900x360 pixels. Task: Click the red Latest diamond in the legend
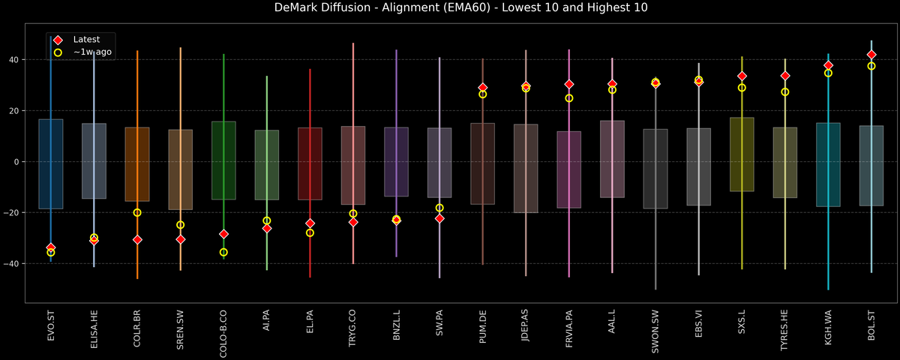pyautogui.click(x=58, y=39)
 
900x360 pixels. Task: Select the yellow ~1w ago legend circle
pyautogui.click(x=58, y=52)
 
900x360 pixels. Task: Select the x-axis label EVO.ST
pyautogui.click(x=51, y=327)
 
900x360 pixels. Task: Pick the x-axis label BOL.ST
pyautogui.click(x=871, y=327)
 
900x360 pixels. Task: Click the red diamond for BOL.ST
pyautogui.click(x=871, y=55)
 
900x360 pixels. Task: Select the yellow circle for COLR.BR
pyautogui.click(x=137, y=212)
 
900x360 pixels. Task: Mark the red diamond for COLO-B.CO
pyautogui.click(x=223, y=234)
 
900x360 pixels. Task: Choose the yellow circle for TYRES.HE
pyautogui.click(x=785, y=91)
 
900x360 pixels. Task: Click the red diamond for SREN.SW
pyautogui.click(x=181, y=239)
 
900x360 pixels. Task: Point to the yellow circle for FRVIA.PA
pyautogui.click(x=569, y=98)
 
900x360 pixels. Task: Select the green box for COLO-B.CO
pyautogui.click(x=223, y=160)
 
